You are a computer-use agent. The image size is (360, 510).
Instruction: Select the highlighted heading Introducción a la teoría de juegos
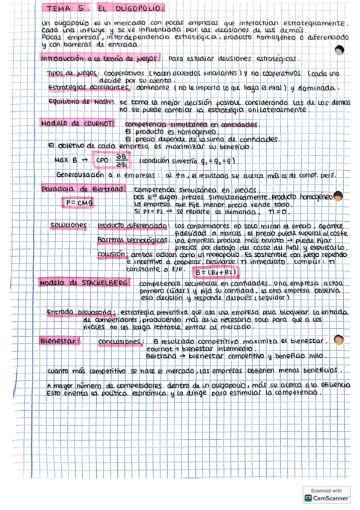coord(99,60)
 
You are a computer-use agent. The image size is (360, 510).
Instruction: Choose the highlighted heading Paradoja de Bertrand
coord(82,189)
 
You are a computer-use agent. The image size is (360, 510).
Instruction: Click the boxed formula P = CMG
coord(80,203)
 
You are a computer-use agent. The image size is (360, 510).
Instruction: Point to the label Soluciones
coord(70,226)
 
